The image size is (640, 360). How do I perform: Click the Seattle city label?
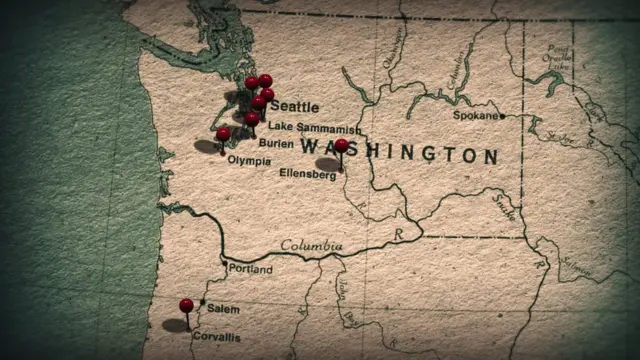(295, 106)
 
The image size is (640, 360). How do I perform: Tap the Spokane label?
(475, 116)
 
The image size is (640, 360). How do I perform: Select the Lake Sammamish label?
(314, 128)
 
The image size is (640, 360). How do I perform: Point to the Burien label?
(276, 143)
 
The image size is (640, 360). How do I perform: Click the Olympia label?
(248, 160)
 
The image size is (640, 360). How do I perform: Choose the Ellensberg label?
(307, 174)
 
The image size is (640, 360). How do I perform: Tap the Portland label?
(250, 269)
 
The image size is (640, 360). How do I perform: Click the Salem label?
(224, 309)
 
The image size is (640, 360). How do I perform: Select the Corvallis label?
(216, 337)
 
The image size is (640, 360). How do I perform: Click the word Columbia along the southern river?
(311, 246)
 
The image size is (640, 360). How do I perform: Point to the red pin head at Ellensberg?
(341, 146)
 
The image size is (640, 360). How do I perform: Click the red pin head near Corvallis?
(186, 305)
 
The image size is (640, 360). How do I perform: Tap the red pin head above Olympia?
(223, 134)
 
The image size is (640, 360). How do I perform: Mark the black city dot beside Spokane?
(502, 116)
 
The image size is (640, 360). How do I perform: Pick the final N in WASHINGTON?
(490, 156)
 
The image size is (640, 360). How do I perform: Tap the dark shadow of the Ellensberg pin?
(328, 164)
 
